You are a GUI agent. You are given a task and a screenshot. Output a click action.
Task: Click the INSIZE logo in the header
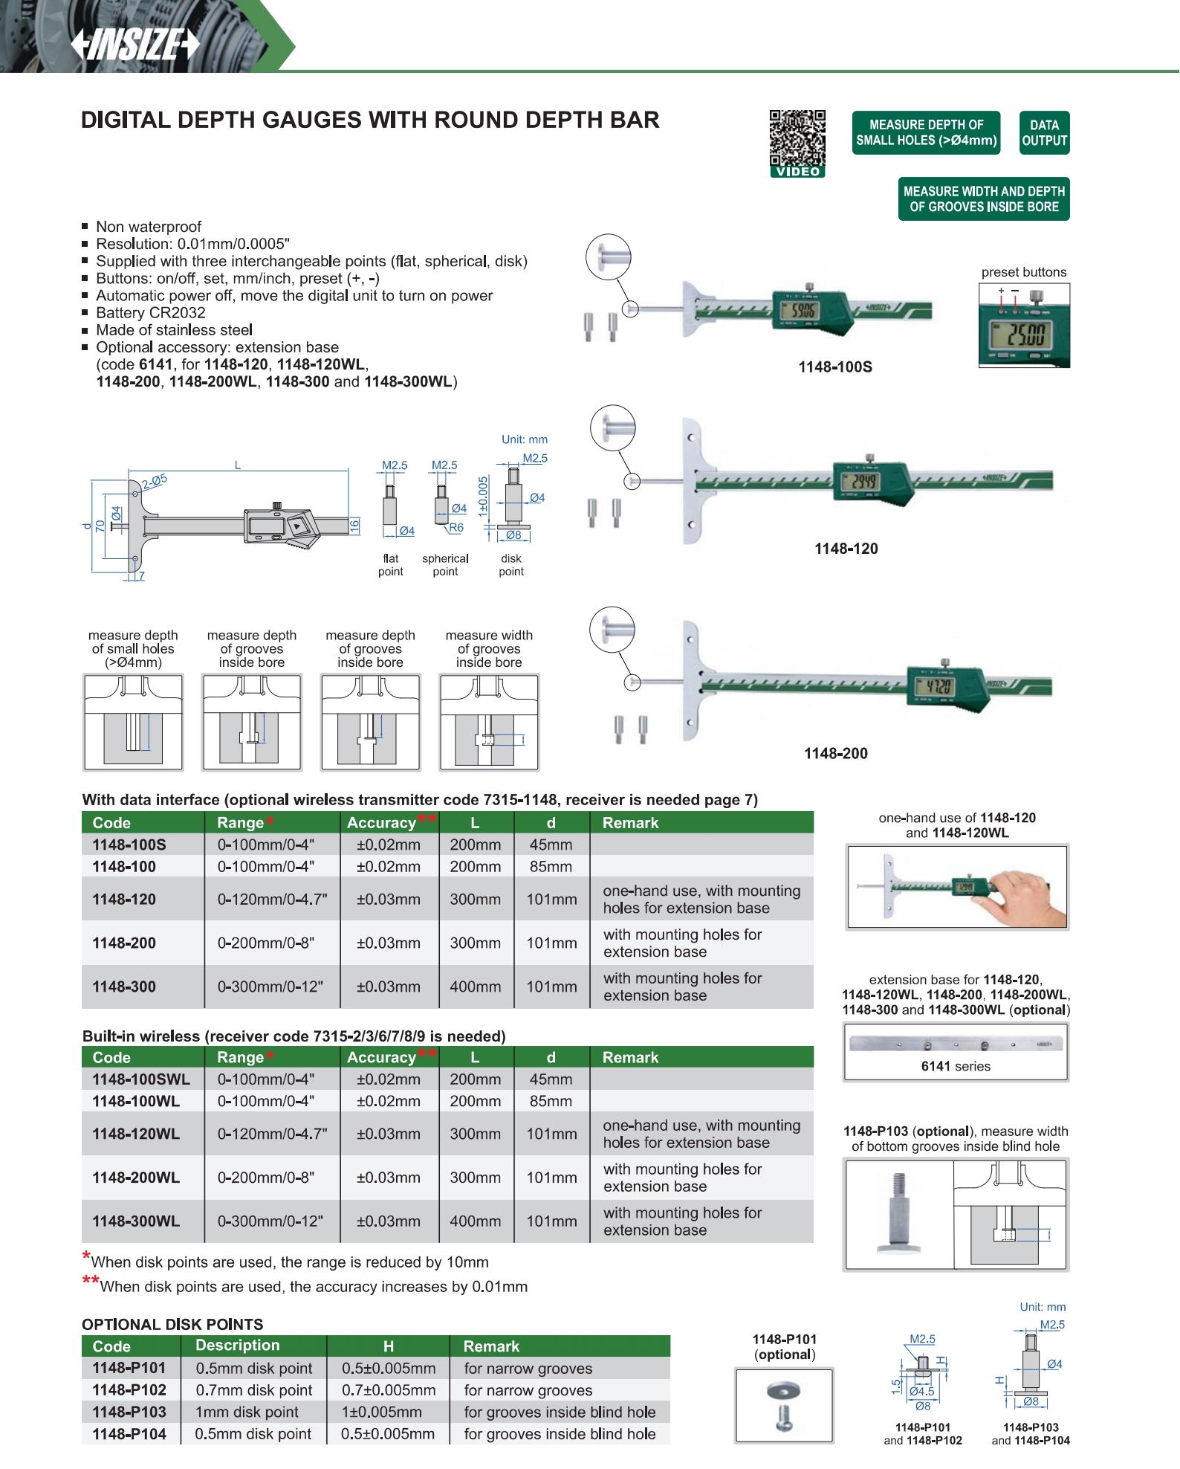[135, 44]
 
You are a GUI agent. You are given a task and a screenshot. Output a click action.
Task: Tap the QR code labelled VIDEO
[797, 139]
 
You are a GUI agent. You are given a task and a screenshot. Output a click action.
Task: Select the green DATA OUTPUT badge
[1044, 133]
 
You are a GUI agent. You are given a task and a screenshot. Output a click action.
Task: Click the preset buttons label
[1023, 272]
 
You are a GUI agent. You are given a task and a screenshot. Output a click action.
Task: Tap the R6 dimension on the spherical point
[456, 528]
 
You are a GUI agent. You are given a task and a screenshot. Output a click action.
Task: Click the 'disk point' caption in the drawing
[511, 565]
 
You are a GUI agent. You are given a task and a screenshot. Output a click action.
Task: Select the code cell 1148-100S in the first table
[129, 845]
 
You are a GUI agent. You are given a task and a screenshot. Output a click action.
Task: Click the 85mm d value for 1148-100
[551, 867]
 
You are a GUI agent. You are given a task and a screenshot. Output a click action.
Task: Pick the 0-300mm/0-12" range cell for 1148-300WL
[270, 1221]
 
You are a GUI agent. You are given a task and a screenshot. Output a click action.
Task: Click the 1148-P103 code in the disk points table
[129, 1412]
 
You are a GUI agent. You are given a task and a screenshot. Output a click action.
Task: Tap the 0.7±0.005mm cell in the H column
[388, 1390]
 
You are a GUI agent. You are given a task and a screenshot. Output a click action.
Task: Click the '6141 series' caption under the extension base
[956, 1066]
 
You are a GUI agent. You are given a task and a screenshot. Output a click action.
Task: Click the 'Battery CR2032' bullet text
[150, 313]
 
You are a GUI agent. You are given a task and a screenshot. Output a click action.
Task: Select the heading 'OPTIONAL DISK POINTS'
[172, 1324]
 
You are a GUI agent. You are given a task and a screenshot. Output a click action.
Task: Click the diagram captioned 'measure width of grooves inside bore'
[489, 722]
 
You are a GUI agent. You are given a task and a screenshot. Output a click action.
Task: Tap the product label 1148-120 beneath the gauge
[846, 549]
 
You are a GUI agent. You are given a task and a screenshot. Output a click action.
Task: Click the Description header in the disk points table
[237, 1346]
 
